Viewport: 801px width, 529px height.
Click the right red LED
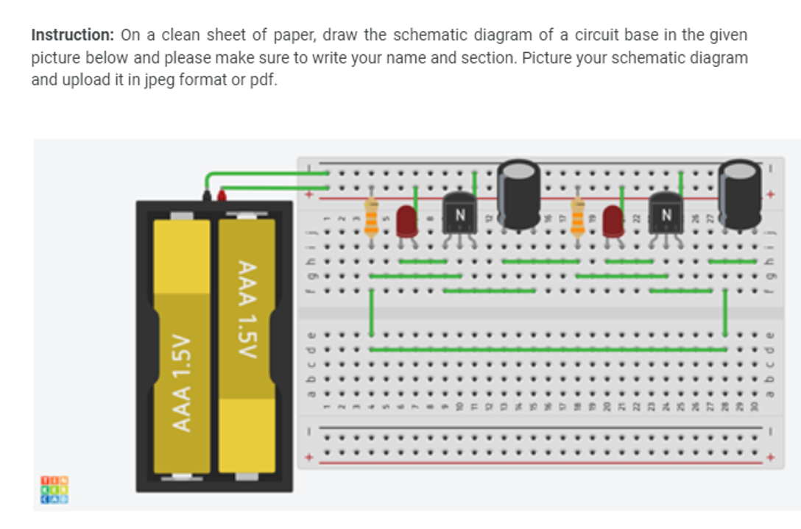(x=613, y=221)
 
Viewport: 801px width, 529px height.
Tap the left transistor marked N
(x=460, y=215)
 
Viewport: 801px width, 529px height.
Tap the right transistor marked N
(x=666, y=215)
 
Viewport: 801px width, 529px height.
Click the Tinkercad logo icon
(x=54, y=489)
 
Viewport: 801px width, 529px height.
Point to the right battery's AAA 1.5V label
(x=247, y=309)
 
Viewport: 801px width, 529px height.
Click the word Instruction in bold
(x=71, y=35)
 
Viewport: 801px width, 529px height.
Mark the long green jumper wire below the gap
(x=548, y=349)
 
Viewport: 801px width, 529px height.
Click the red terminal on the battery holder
(x=221, y=195)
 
